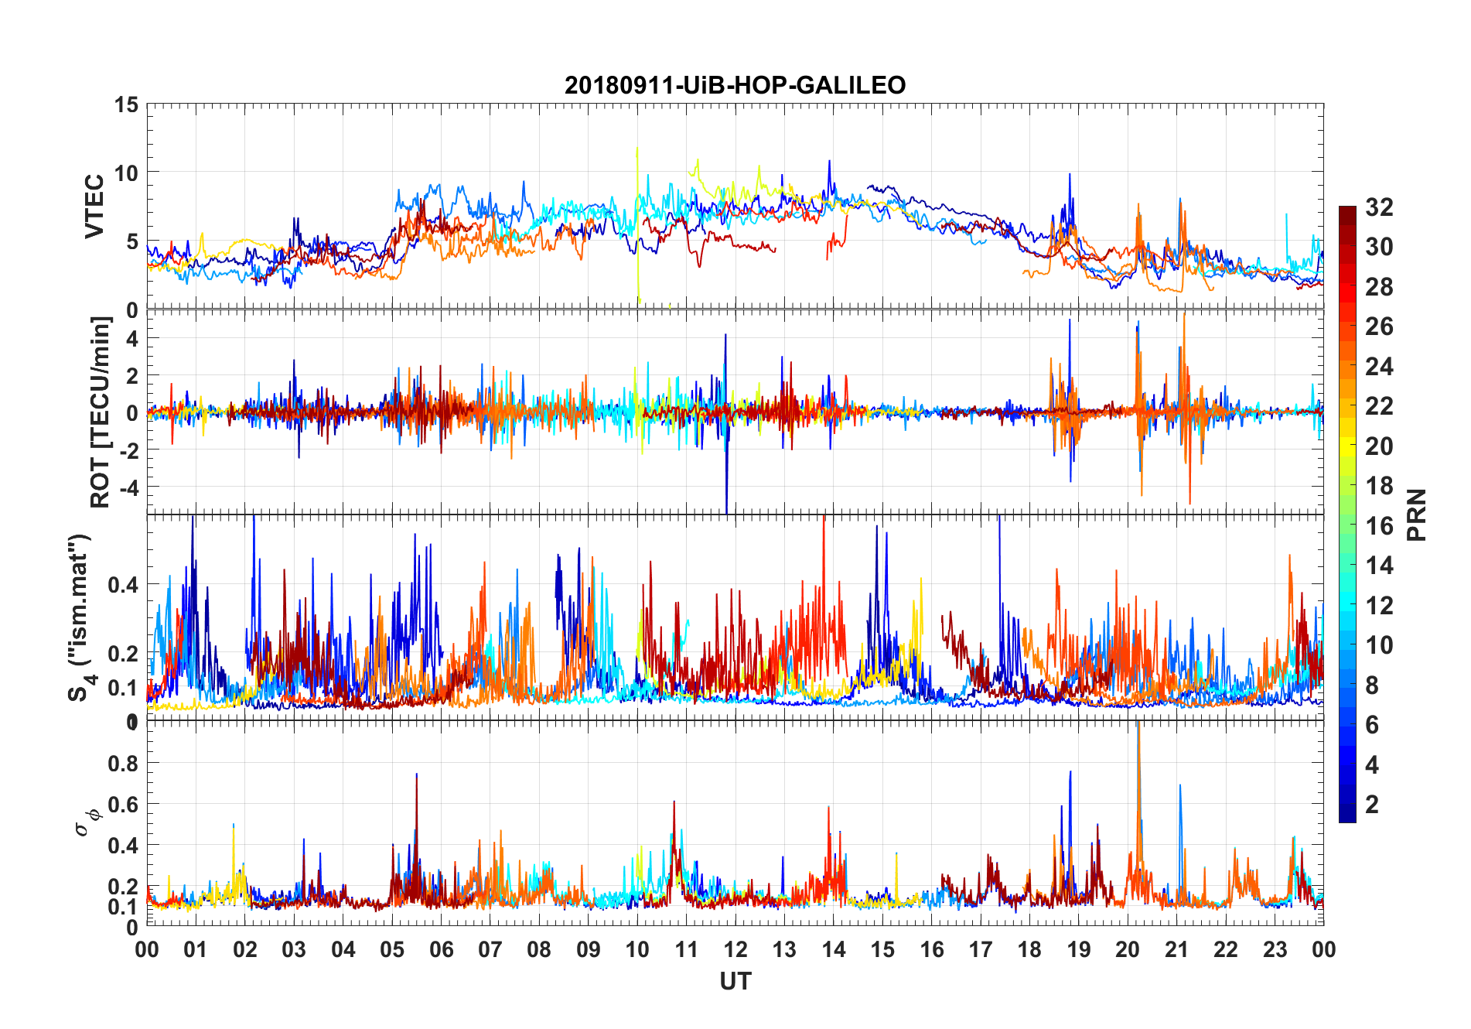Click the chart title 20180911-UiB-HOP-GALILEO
pyautogui.click(x=735, y=85)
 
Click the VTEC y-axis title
pyautogui.click(x=94, y=207)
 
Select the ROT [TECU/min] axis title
pyautogui.click(x=101, y=412)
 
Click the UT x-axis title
pyautogui.click(x=735, y=981)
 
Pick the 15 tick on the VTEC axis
pyautogui.click(x=126, y=105)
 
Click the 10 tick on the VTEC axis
pyautogui.click(x=126, y=173)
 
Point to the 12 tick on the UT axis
pyautogui.click(x=735, y=949)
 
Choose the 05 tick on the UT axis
pyautogui.click(x=392, y=949)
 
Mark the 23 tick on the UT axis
pyautogui.click(x=1275, y=949)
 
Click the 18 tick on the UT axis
pyautogui.click(x=1029, y=949)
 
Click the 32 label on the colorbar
pyautogui.click(x=1379, y=207)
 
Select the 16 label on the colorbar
pyautogui.click(x=1379, y=526)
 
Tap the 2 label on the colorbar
pyautogui.click(x=1372, y=805)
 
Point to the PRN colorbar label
pyautogui.click(x=1417, y=514)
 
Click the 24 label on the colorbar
pyautogui.click(x=1379, y=367)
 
